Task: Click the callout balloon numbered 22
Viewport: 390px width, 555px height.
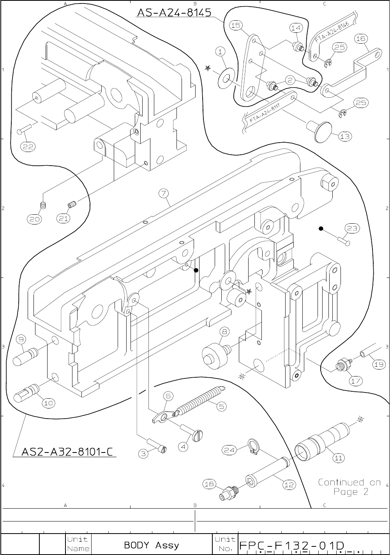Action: coord(28,147)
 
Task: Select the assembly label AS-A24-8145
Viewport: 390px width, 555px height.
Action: coord(174,12)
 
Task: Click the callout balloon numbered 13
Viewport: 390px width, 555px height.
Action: coord(344,136)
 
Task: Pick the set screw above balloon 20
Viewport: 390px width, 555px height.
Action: coord(44,205)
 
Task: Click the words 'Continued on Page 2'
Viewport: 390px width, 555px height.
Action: coord(349,487)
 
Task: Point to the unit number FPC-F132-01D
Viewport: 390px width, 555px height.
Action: coord(292,544)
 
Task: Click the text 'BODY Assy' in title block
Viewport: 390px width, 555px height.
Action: coord(152,545)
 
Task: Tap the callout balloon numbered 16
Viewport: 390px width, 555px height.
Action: coord(361,39)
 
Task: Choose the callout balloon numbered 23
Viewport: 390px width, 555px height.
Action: coord(351,228)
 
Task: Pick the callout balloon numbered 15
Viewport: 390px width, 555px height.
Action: coord(235,26)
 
